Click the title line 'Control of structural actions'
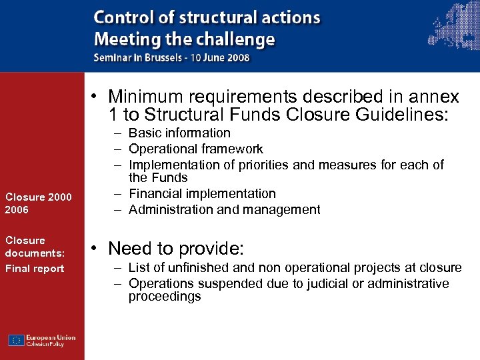pyautogui.click(x=207, y=18)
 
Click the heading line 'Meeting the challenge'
pyautogui.click(x=184, y=39)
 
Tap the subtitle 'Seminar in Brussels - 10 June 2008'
pyautogui.click(x=171, y=57)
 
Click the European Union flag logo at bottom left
pyautogui.click(x=17, y=341)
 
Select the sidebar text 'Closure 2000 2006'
pyautogui.click(x=38, y=203)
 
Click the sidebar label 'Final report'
pyautogui.click(x=35, y=269)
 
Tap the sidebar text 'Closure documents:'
pyautogui.click(x=35, y=247)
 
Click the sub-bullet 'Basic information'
pyautogui.click(x=179, y=133)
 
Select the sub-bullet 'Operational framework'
pyautogui.click(x=195, y=149)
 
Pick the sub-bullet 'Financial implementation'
pyautogui.click(x=202, y=194)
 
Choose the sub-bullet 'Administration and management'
pyautogui.click(x=224, y=210)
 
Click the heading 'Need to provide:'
pyautogui.click(x=176, y=249)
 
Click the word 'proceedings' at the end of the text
pyautogui.click(x=165, y=297)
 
